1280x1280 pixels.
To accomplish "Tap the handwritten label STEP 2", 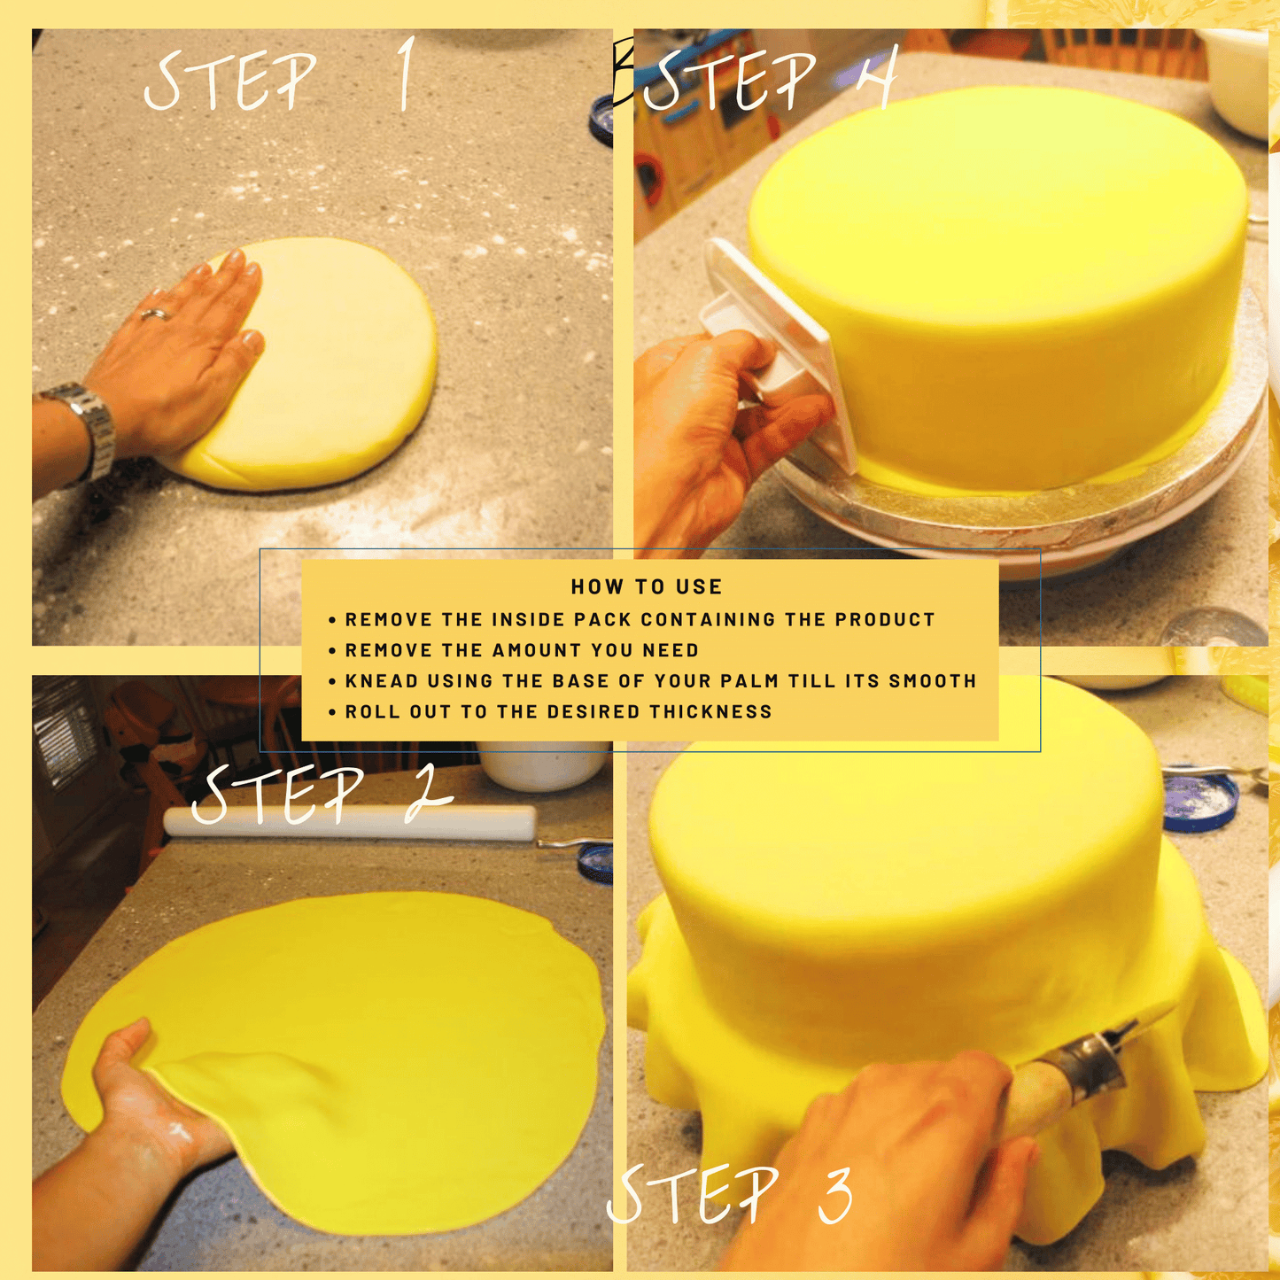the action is [x=322, y=795].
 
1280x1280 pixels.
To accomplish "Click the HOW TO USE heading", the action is [x=647, y=586].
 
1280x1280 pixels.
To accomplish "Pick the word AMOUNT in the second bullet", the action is [x=535, y=649].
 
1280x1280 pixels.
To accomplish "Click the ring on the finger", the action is [x=155, y=313].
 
